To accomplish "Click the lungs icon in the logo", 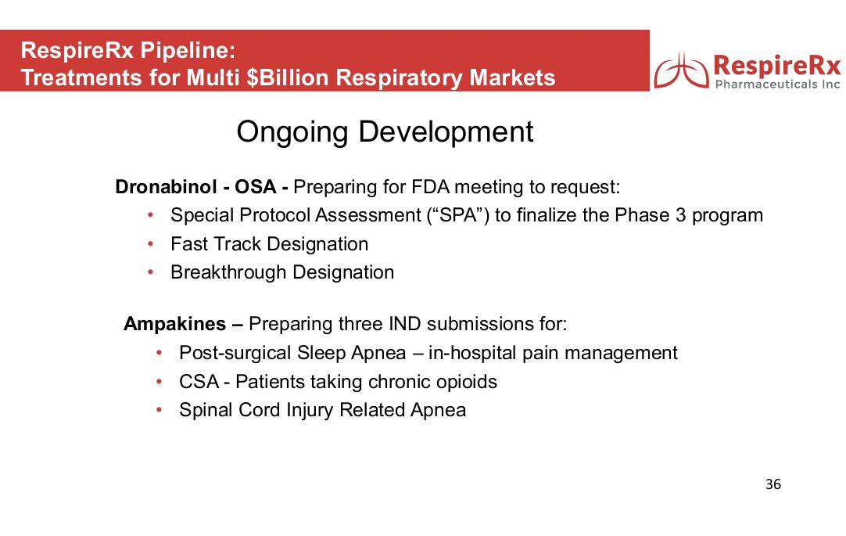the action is pyautogui.click(x=682, y=70).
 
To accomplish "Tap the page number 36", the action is pyautogui.click(x=773, y=484).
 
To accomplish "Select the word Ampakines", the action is pyautogui.click(x=175, y=324).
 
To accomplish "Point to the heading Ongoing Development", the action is pyautogui.click(x=385, y=131).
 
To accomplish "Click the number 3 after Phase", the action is pyautogui.click(x=680, y=215).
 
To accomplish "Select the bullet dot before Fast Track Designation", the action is pyautogui.click(x=151, y=244).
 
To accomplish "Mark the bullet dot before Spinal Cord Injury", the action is pyautogui.click(x=160, y=410).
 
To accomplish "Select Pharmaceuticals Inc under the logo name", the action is pyautogui.click(x=777, y=85).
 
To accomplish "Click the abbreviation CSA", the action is pyautogui.click(x=199, y=382).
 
